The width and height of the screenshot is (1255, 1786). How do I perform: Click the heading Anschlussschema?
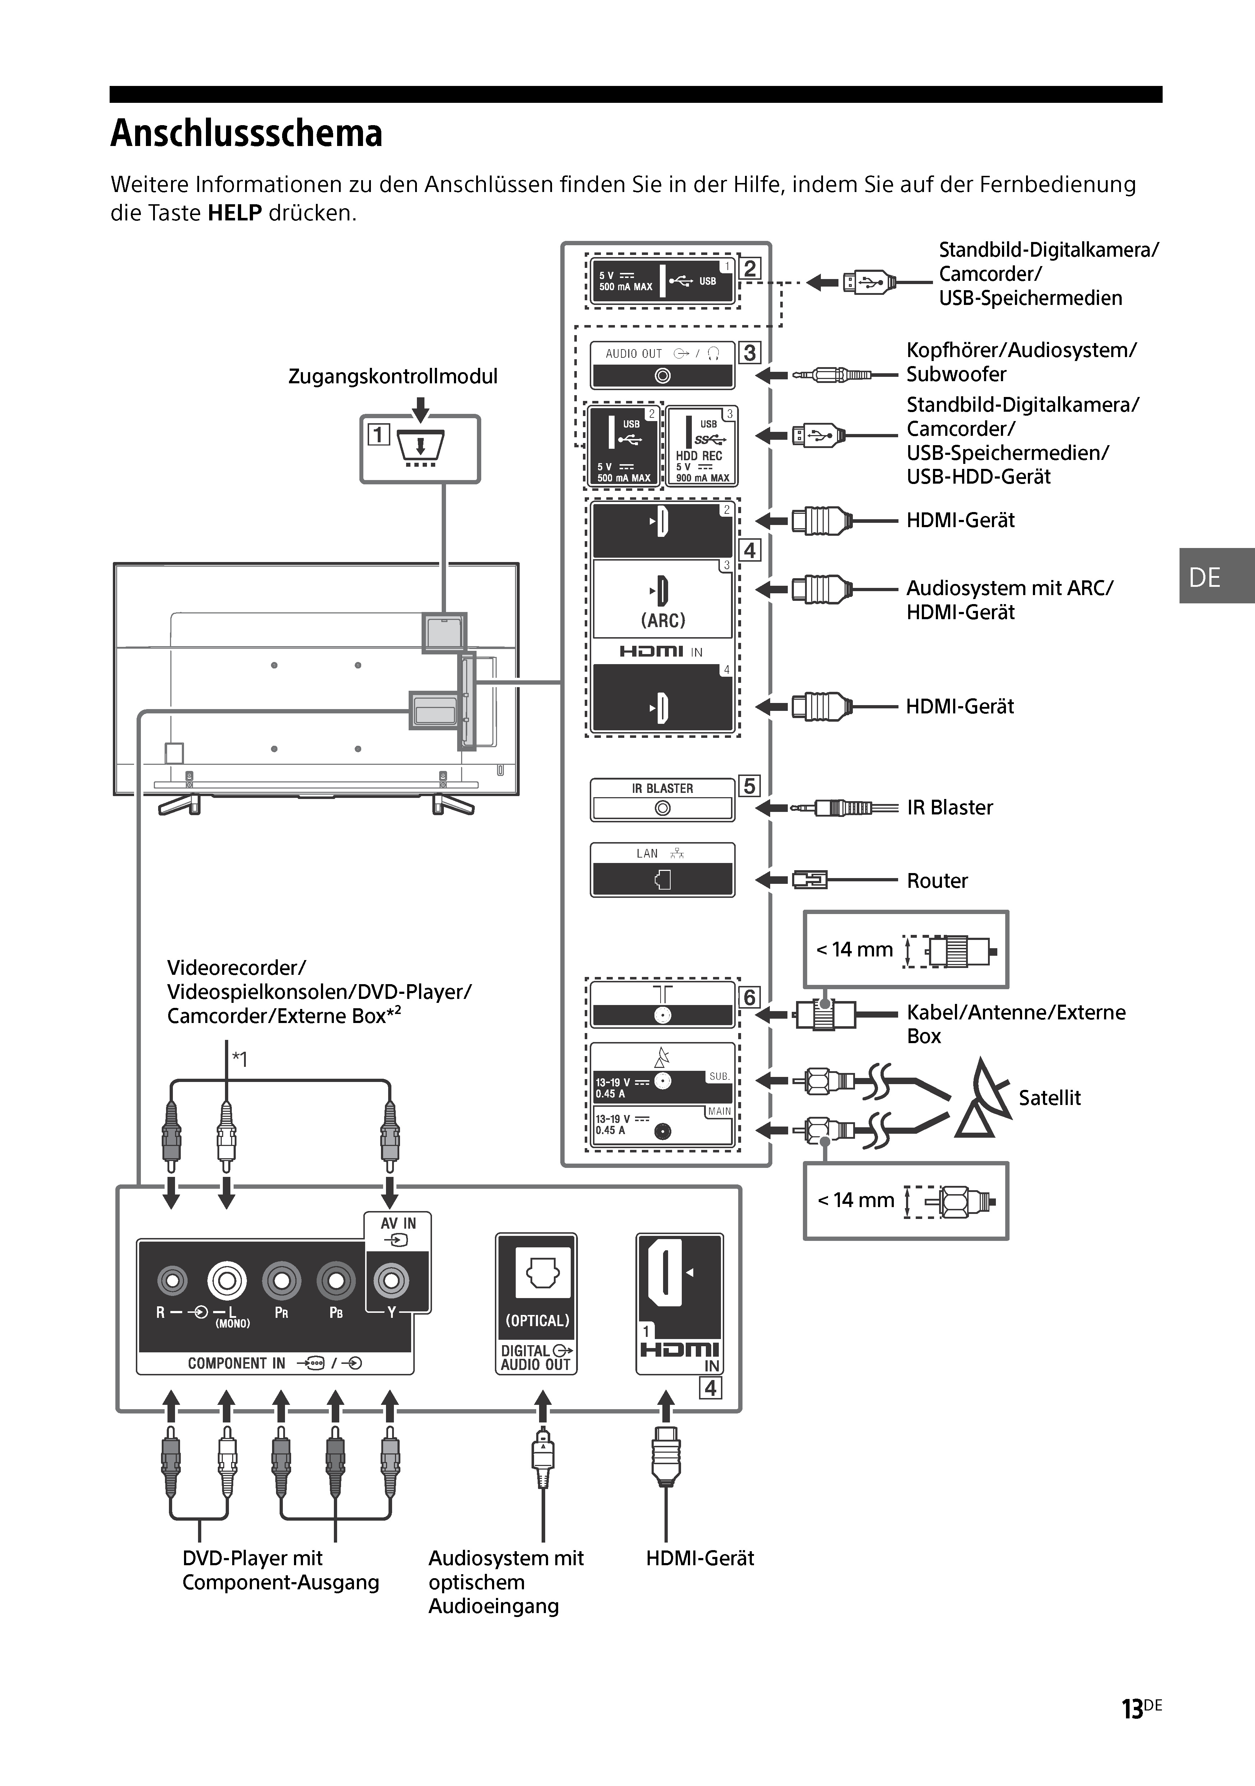click(x=247, y=134)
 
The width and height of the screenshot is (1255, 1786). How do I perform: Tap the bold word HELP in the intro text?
click(x=235, y=213)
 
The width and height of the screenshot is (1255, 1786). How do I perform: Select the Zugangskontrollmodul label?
click(x=393, y=376)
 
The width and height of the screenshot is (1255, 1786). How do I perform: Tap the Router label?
click(x=937, y=881)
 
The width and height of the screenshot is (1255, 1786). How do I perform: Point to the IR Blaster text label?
click(x=950, y=808)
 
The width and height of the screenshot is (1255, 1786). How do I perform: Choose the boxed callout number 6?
click(x=749, y=997)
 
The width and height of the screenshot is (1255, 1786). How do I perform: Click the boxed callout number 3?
click(x=749, y=352)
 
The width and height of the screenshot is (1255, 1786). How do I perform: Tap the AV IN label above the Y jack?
click(x=398, y=1224)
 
